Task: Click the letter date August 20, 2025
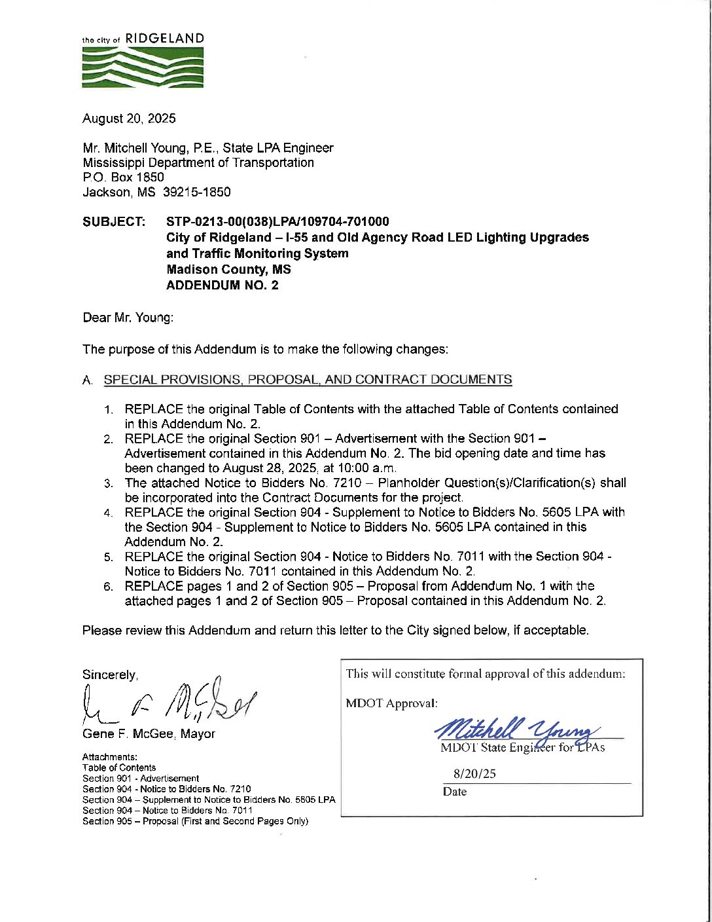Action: tap(129, 119)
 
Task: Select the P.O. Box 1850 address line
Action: tap(123, 177)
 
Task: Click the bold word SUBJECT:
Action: tap(114, 222)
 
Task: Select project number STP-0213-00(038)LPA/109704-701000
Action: tap(277, 222)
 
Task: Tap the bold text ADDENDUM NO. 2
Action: tap(222, 286)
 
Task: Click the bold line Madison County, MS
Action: tap(228, 270)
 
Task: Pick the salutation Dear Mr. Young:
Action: tap(128, 318)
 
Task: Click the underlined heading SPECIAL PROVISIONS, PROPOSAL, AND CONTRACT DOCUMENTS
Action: tap(308, 380)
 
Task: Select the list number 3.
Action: tap(109, 484)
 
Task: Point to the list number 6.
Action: tap(109, 587)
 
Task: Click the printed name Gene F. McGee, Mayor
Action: tap(149, 734)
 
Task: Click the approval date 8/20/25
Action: tap(474, 774)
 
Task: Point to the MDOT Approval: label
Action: tap(391, 704)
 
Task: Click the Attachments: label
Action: tap(110, 757)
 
